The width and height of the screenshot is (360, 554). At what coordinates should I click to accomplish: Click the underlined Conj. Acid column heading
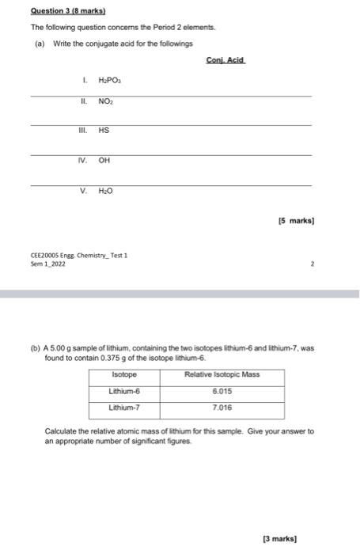225,60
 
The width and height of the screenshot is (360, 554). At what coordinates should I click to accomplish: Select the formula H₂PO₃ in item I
109,81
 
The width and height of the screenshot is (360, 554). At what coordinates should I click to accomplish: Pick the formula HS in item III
104,131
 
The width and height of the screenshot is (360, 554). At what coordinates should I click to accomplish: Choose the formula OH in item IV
104,161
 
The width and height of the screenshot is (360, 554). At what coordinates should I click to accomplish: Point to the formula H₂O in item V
106,191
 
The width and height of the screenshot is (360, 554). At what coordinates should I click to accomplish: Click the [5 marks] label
296,220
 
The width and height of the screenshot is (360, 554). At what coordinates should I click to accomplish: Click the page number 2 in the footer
313,264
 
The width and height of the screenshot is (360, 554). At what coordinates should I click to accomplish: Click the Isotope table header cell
124,374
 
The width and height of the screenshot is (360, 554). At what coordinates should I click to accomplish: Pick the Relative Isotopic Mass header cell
222,374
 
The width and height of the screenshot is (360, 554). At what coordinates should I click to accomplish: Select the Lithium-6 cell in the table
125,391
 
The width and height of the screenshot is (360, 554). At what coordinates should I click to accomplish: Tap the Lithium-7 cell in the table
125,408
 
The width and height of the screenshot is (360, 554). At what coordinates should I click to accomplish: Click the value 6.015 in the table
222,391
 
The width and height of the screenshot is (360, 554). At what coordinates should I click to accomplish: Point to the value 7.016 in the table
222,408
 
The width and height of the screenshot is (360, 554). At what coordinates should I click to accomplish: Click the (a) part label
40,44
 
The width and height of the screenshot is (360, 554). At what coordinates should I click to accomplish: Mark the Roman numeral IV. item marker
81,161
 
